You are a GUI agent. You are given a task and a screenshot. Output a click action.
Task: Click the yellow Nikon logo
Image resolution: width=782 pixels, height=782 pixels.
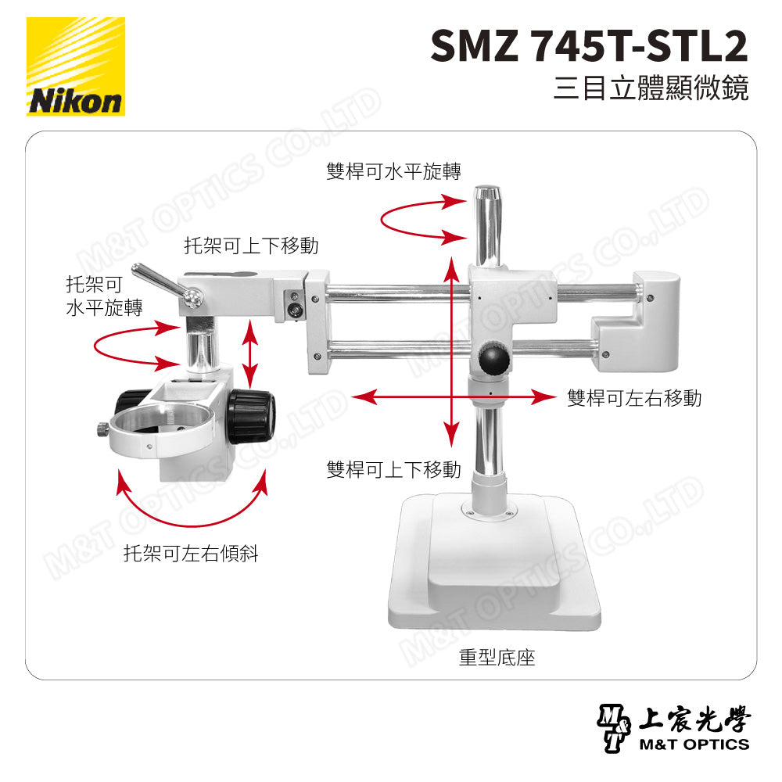pyautogui.click(x=76, y=66)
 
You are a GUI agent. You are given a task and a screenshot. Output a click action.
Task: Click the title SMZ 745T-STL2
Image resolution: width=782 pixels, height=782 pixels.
pyautogui.click(x=588, y=48)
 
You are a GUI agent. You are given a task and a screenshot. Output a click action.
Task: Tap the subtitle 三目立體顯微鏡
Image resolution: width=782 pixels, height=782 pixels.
pyautogui.click(x=650, y=88)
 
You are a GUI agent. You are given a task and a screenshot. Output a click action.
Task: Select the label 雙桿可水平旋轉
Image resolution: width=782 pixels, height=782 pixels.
pyautogui.click(x=393, y=171)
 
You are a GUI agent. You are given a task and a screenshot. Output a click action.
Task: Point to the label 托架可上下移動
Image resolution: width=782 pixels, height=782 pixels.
pyautogui.click(x=251, y=246)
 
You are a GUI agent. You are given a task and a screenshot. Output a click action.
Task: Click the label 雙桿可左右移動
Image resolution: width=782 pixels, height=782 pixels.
pyautogui.click(x=633, y=398)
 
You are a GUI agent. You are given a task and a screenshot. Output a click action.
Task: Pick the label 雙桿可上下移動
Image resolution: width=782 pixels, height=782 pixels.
pyautogui.click(x=393, y=469)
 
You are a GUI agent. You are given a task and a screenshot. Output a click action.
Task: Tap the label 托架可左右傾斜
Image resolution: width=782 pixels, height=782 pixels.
pyautogui.click(x=191, y=554)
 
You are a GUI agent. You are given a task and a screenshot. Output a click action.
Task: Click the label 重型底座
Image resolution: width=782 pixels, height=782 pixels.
pyautogui.click(x=497, y=657)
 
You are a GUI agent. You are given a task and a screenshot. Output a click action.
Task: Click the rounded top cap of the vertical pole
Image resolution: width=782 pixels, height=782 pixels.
pyautogui.click(x=487, y=192)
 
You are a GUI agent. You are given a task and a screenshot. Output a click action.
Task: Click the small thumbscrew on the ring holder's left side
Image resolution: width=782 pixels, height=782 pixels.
pyautogui.click(x=102, y=429)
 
